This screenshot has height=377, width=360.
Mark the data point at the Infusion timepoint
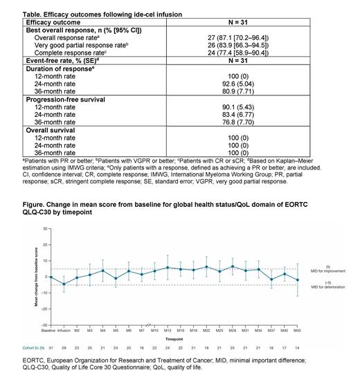click(64, 284)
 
